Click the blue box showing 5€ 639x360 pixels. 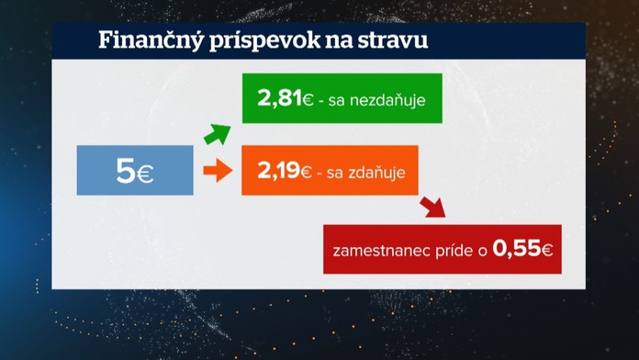(134, 171)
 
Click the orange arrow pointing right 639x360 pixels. (216, 171)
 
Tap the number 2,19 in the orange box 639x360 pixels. (276, 170)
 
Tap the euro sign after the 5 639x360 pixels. (145, 173)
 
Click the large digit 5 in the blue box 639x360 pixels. (125, 171)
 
